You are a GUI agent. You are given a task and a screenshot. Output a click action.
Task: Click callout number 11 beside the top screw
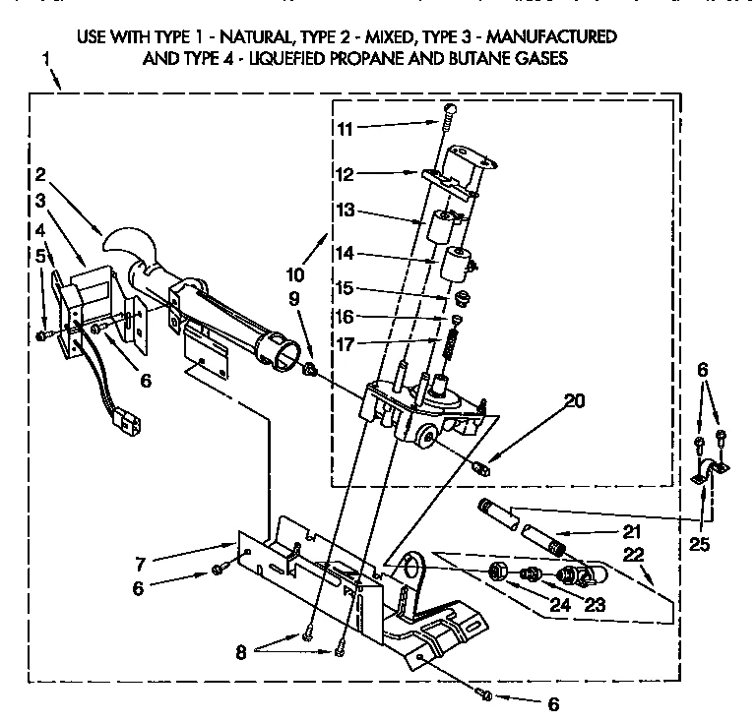(343, 128)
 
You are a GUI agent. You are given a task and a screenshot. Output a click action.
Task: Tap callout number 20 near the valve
(574, 399)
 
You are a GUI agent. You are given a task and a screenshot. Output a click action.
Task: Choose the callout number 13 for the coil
(343, 211)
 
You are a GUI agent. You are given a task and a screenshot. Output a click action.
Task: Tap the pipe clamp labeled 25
(708, 473)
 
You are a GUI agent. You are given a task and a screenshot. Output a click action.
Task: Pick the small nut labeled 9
(310, 369)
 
